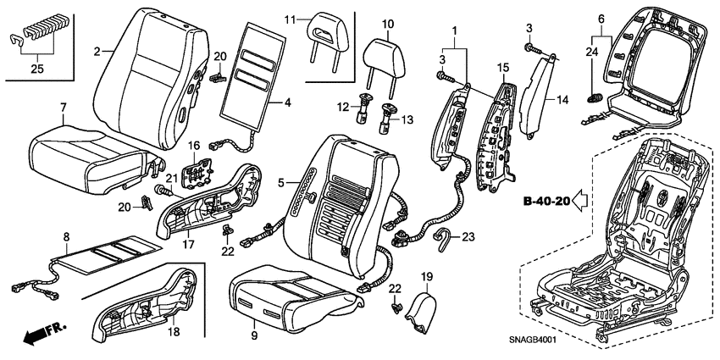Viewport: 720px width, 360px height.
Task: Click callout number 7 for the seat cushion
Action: [x=63, y=107]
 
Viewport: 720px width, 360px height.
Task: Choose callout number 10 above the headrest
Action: [x=388, y=24]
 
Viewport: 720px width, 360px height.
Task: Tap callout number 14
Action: [x=562, y=98]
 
